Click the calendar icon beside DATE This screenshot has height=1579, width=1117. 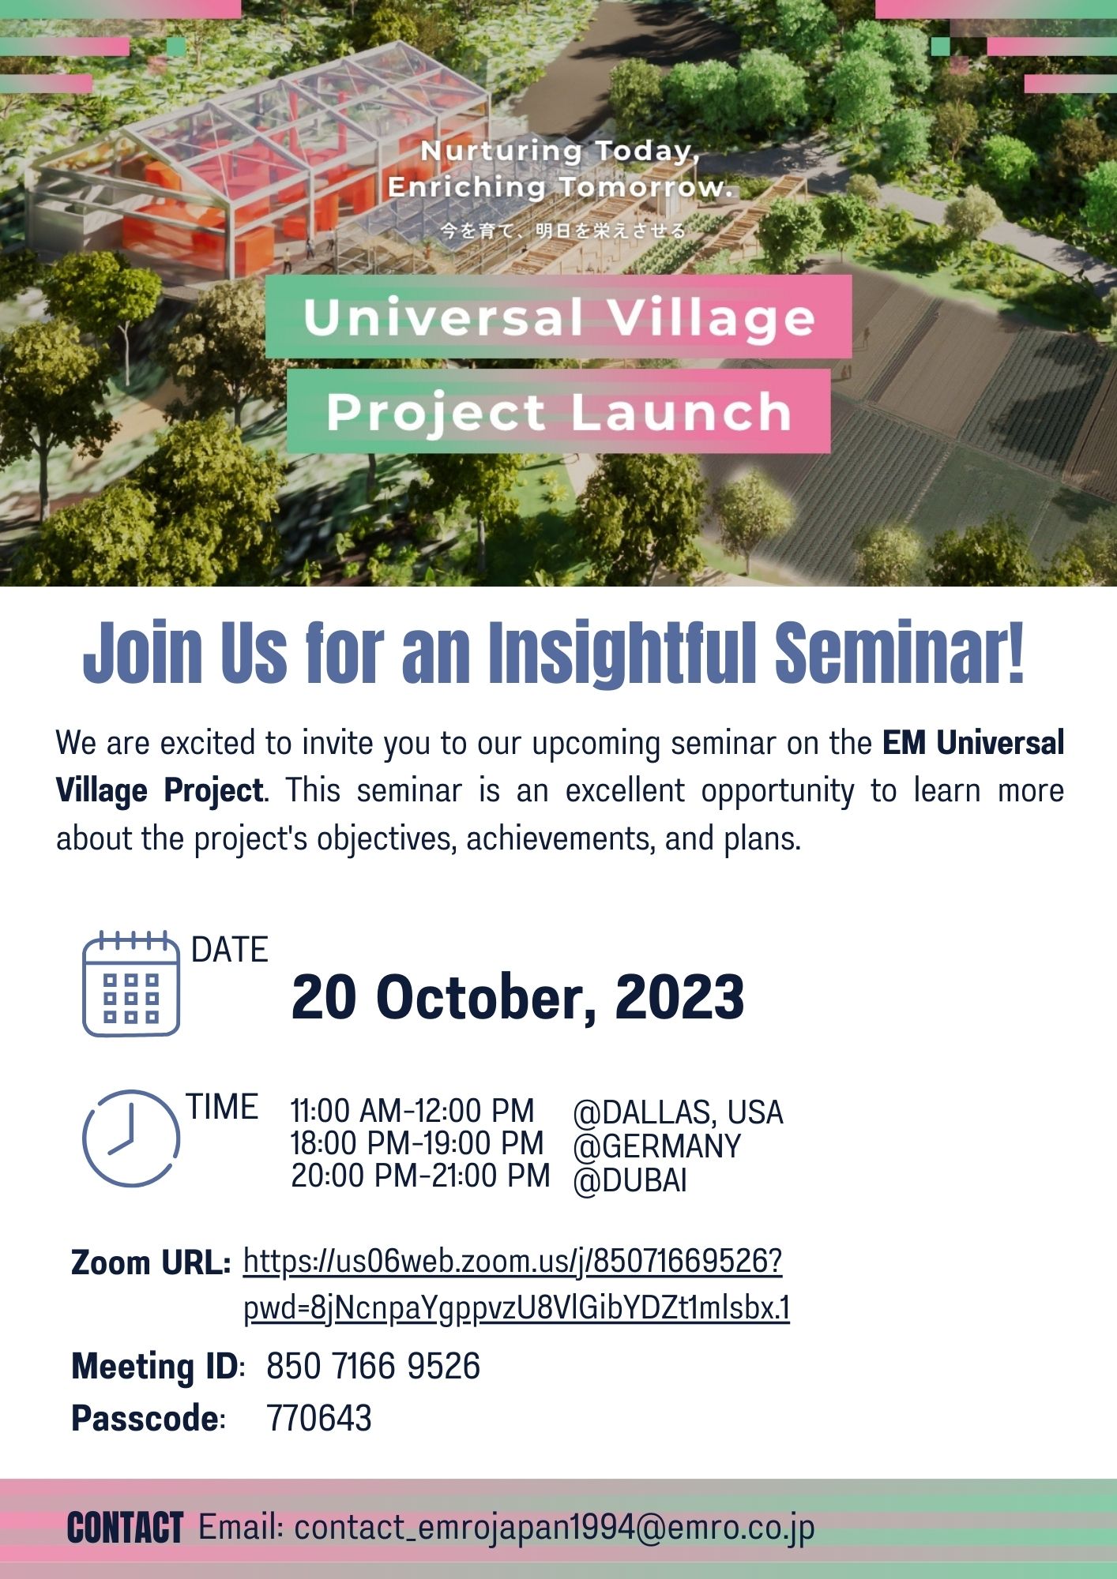click(x=131, y=984)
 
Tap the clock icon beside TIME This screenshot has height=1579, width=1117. click(x=131, y=1138)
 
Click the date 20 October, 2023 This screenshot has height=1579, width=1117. click(x=517, y=997)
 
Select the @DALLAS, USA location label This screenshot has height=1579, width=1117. click(x=678, y=1112)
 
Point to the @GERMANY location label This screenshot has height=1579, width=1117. click(x=656, y=1146)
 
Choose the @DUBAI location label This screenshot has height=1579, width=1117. click(x=630, y=1180)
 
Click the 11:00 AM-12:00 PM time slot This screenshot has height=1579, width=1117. click(x=412, y=1111)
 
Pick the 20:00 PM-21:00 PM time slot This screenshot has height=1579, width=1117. click(x=420, y=1176)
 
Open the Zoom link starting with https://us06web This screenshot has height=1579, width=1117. click(x=513, y=1262)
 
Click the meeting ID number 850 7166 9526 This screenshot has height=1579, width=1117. click(x=373, y=1367)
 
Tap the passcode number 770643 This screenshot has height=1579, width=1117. click(x=319, y=1418)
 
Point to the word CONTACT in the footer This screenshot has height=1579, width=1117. click(x=125, y=1528)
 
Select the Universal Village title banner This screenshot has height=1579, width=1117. click(x=558, y=317)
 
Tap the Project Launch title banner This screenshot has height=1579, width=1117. click(x=558, y=411)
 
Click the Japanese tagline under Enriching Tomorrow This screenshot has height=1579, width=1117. click(x=562, y=231)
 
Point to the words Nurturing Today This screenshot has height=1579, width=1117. click(x=559, y=151)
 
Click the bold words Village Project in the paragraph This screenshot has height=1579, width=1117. click(x=159, y=790)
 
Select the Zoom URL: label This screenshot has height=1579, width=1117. click(x=150, y=1263)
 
